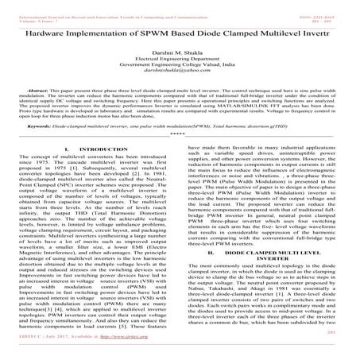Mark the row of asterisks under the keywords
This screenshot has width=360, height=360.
point(180,132)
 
